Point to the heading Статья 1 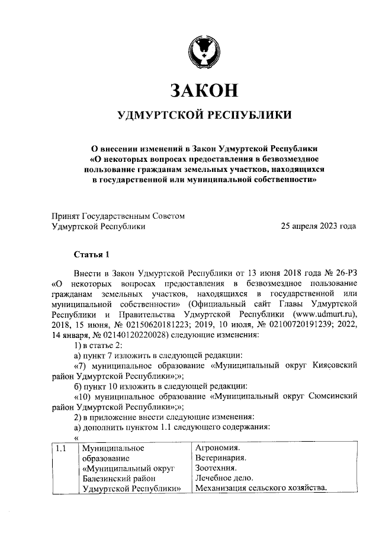click(92, 255)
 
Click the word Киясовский click(335, 367)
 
